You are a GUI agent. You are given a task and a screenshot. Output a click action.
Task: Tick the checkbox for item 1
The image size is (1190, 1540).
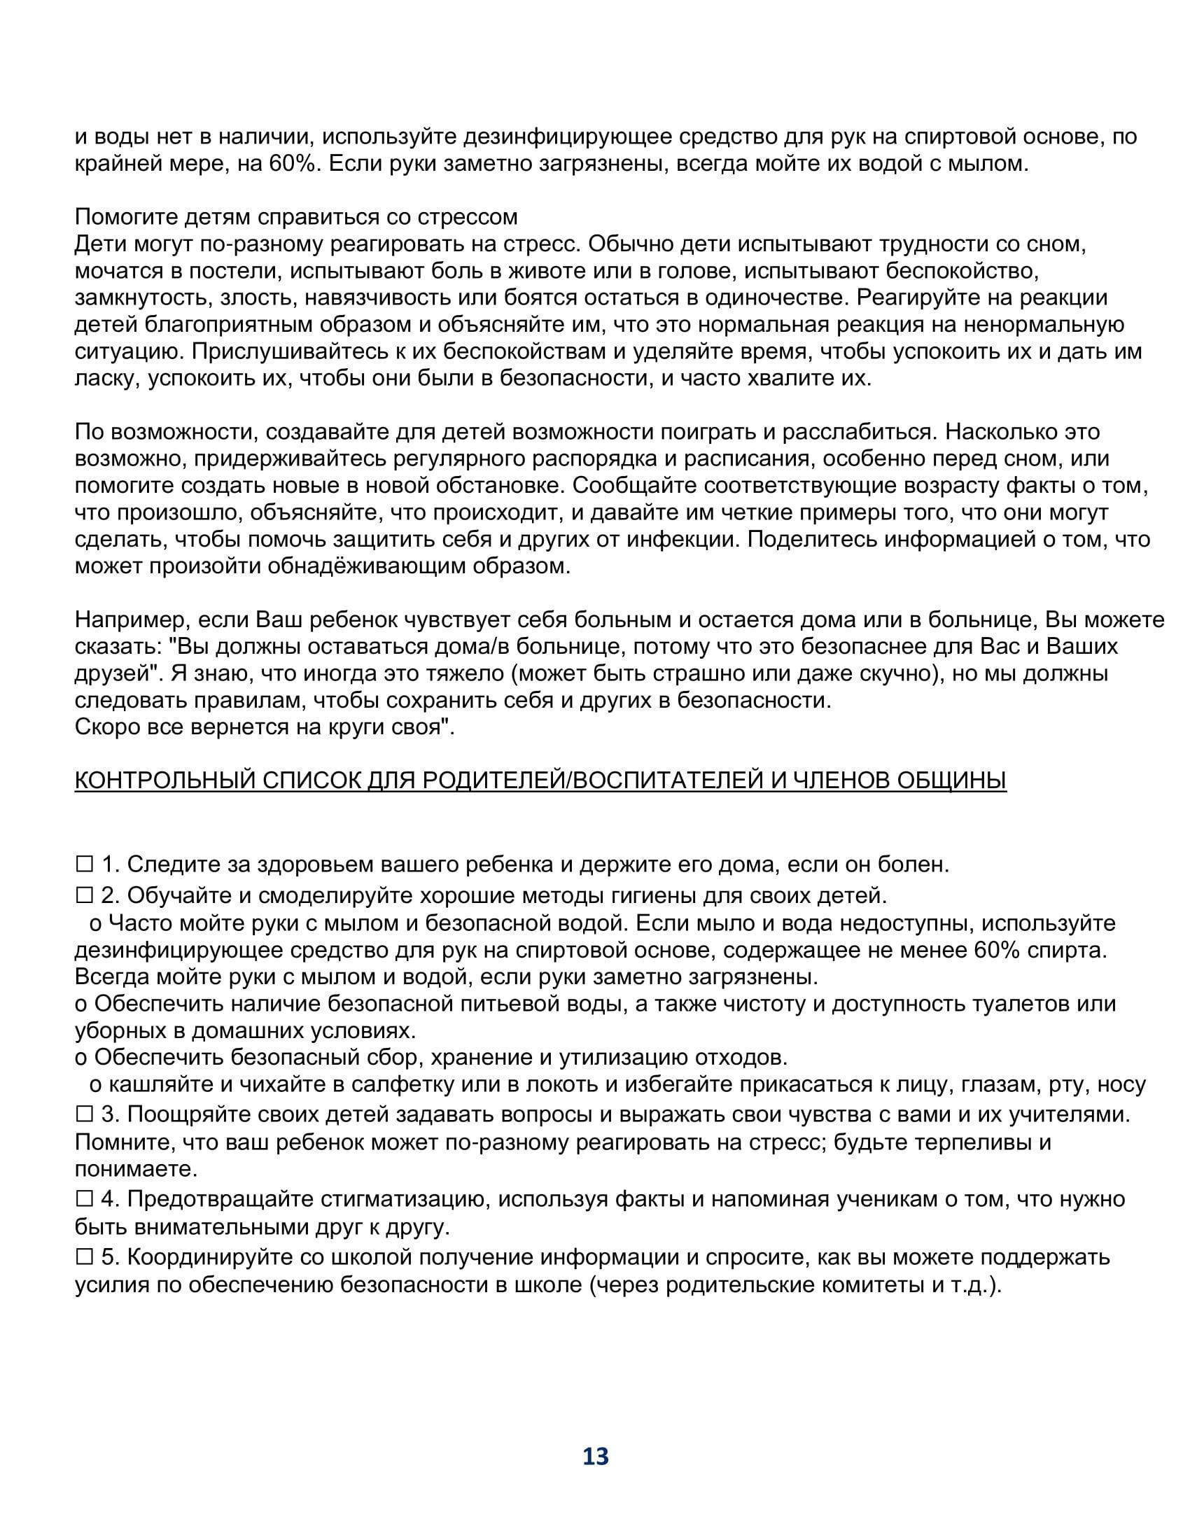pos(85,863)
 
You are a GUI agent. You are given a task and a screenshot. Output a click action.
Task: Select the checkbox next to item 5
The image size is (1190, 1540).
pos(85,1256)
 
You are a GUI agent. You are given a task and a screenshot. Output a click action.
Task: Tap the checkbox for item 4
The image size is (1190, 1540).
pos(85,1198)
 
